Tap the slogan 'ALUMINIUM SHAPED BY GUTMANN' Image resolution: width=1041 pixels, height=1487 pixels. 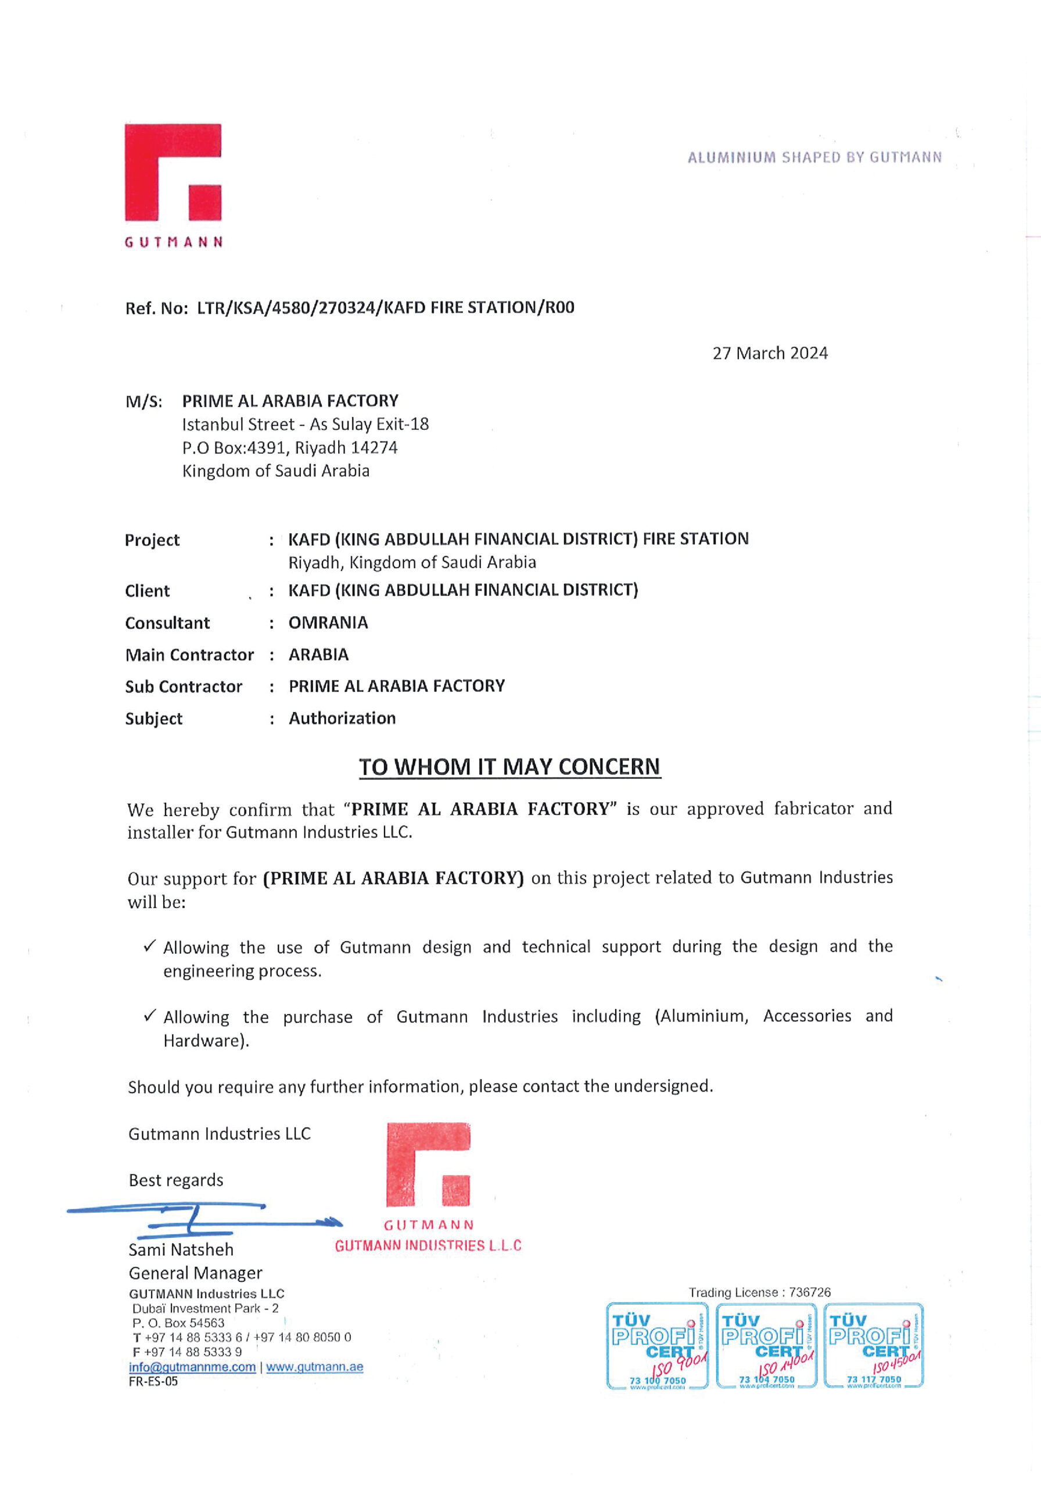coord(814,157)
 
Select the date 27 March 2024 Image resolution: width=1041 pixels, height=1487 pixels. coord(770,353)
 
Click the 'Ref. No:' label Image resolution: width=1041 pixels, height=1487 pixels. coord(156,308)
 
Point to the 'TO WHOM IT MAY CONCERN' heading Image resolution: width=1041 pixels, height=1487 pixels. coord(509,767)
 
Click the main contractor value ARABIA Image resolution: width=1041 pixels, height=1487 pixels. coord(318,655)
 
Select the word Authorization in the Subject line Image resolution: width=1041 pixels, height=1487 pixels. coord(342,719)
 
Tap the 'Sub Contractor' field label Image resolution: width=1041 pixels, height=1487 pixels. coord(184,687)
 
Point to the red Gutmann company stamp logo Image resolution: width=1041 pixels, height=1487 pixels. coord(428,1166)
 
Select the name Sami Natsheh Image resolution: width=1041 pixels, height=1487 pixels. coord(181,1250)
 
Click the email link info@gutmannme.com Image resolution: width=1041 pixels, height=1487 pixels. coord(192,1367)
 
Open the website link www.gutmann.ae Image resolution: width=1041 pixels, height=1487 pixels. coord(314,1367)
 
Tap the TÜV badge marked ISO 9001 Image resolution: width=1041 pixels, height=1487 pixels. coord(657,1346)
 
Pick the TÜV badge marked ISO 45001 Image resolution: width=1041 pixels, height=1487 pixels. coord(873,1346)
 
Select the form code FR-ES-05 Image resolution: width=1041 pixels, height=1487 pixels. coord(153,1381)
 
